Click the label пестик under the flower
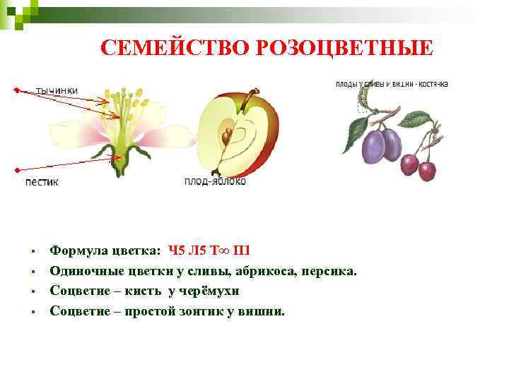pyautogui.click(x=42, y=181)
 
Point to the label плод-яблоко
pyautogui.click(x=215, y=181)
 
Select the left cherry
pyautogui.click(x=409, y=164)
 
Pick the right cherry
pyautogui.click(x=427, y=170)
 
